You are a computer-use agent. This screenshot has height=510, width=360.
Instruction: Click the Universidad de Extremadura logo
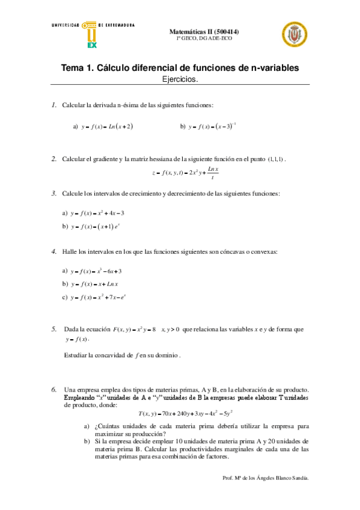pyautogui.click(x=90, y=34)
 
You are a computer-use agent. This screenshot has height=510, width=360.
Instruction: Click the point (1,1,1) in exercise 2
pyautogui.click(x=275, y=159)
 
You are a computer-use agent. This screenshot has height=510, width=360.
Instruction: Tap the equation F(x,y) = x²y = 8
pyautogui.click(x=135, y=330)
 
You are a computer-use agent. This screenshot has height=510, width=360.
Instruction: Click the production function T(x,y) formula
pyautogui.click(x=185, y=413)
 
